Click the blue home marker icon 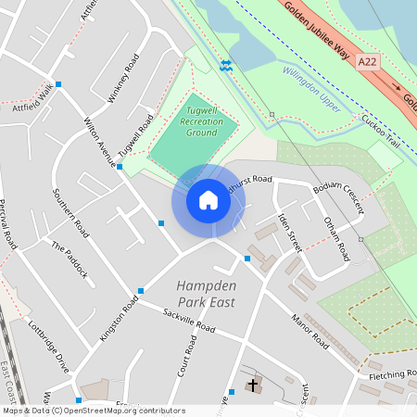tap(208, 200)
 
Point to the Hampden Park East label tap(205, 294)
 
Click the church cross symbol tap(253, 384)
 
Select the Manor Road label tap(310, 332)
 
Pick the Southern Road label tap(70, 213)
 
